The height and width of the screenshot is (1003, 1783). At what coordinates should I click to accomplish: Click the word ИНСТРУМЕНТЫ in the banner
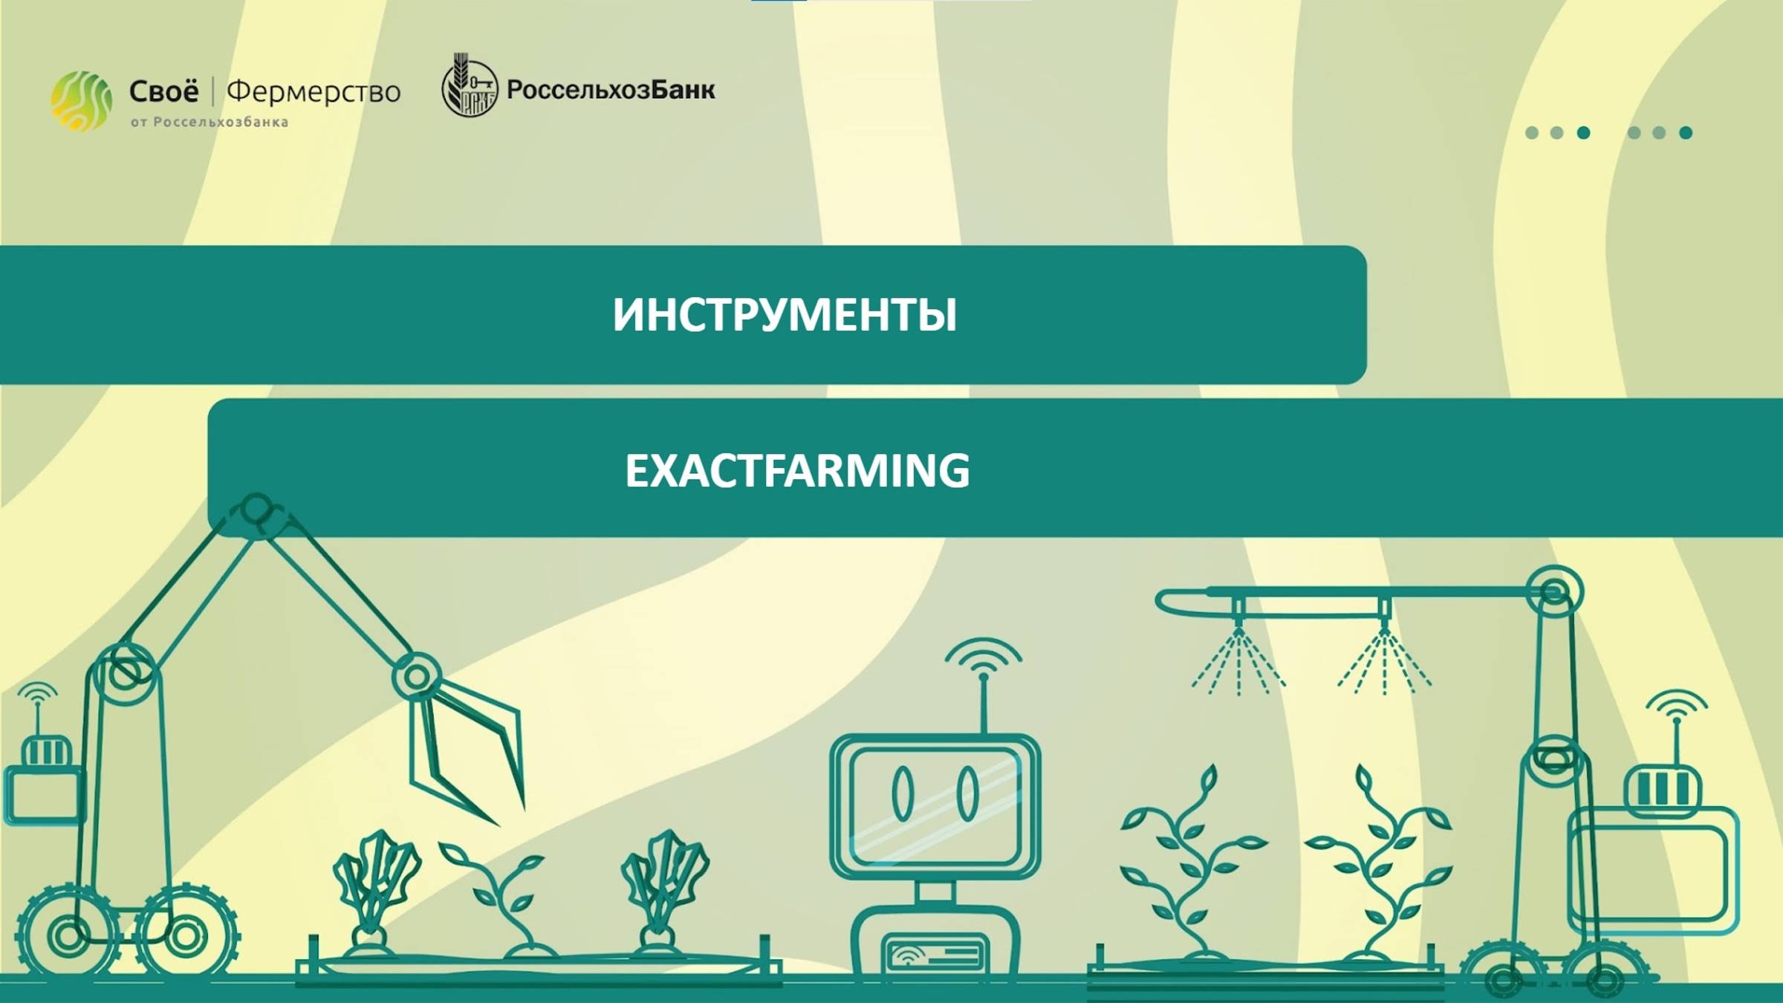tap(785, 315)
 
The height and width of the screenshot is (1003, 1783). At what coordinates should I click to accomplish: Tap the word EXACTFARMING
tap(797, 470)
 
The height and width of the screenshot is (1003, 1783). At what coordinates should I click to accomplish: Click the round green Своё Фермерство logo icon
tap(81, 101)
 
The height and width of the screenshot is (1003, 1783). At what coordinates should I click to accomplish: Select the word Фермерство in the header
tap(314, 92)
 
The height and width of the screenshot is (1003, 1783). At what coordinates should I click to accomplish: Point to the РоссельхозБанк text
tap(611, 90)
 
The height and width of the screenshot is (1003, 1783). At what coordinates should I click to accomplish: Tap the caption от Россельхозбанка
tap(210, 123)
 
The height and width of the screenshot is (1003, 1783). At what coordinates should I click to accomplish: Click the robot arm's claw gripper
tap(468, 750)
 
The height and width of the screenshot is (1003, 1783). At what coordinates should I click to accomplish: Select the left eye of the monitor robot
tap(903, 793)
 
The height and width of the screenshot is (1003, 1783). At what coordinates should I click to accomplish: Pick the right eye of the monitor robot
tap(967, 793)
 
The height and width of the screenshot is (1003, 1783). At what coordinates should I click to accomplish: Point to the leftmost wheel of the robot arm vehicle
tap(67, 935)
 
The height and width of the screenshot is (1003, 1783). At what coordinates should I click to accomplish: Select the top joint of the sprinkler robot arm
tap(1554, 592)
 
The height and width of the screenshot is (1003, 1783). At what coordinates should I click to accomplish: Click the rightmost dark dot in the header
tap(1686, 133)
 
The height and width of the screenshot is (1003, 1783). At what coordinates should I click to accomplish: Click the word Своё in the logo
tap(163, 91)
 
